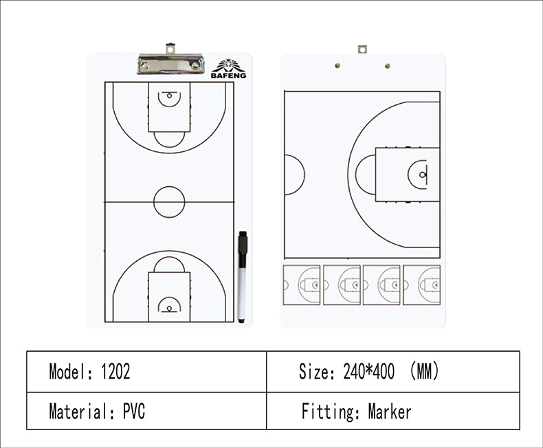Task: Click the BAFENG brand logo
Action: pyautogui.click(x=229, y=69)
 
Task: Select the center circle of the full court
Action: pyautogui.click(x=169, y=202)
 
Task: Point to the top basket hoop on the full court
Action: pyautogui.click(x=169, y=96)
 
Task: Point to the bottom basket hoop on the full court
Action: pyautogui.click(x=169, y=308)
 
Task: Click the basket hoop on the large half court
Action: pyautogui.click(x=422, y=175)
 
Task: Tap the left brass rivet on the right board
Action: pyautogui.click(x=337, y=65)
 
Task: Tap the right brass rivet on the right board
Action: pyautogui.click(x=388, y=66)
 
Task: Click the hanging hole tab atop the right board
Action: pyautogui.click(x=363, y=49)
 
